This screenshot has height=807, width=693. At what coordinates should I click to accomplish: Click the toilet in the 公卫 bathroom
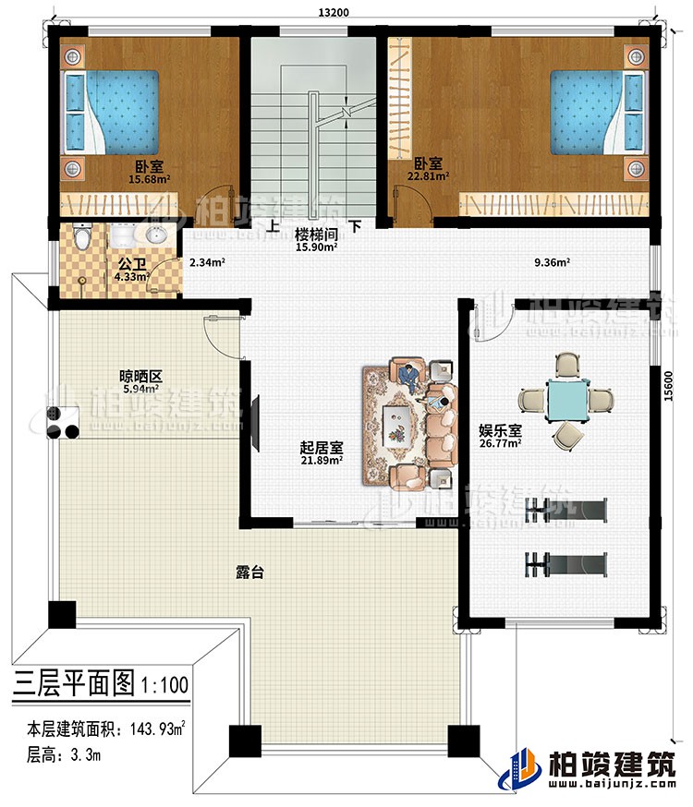click(82, 239)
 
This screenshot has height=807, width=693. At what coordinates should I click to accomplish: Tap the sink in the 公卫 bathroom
click(153, 235)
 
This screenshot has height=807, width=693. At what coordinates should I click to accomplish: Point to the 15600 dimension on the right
click(666, 394)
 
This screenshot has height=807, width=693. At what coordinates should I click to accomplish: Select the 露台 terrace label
click(251, 572)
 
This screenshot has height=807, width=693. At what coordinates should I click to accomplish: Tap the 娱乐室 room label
click(500, 430)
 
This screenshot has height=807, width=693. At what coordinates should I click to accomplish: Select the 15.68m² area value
click(148, 180)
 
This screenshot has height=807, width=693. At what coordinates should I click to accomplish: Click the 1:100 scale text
click(165, 685)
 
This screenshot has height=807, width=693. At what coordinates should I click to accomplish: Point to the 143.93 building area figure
click(158, 731)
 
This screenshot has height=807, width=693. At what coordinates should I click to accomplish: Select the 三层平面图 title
click(74, 684)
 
